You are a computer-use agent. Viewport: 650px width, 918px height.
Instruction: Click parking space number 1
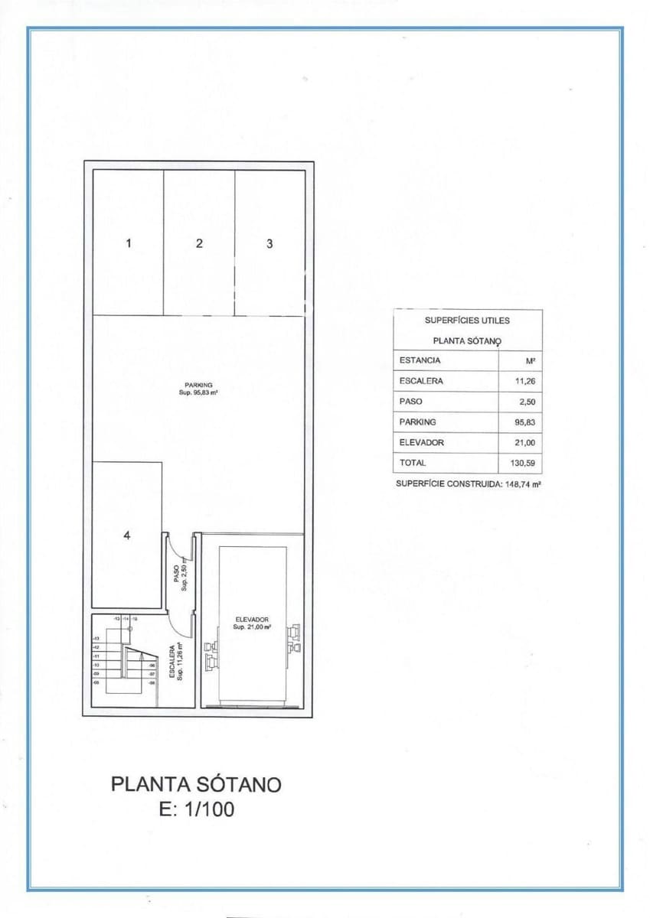tap(129, 243)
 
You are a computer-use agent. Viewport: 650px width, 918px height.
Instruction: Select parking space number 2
tap(199, 243)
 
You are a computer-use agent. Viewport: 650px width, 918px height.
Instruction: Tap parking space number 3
tap(269, 243)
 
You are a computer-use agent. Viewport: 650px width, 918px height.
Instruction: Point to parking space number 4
tap(127, 535)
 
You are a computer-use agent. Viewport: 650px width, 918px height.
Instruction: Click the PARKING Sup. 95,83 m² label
tap(198, 389)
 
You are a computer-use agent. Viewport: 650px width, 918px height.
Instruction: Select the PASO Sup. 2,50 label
tap(181, 574)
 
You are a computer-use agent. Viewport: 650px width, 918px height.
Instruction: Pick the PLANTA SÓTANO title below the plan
tap(197, 784)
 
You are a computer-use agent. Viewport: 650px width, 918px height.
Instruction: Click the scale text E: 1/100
tap(197, 810)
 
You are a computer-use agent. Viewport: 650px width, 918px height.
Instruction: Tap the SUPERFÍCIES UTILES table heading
tap(467, 321)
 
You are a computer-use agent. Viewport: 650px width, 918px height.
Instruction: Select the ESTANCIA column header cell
tap(420, 360)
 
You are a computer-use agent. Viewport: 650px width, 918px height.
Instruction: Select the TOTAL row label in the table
tap(413, 463)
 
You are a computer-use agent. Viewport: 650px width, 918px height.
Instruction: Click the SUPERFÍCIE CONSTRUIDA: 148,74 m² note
tap(469, 483)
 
